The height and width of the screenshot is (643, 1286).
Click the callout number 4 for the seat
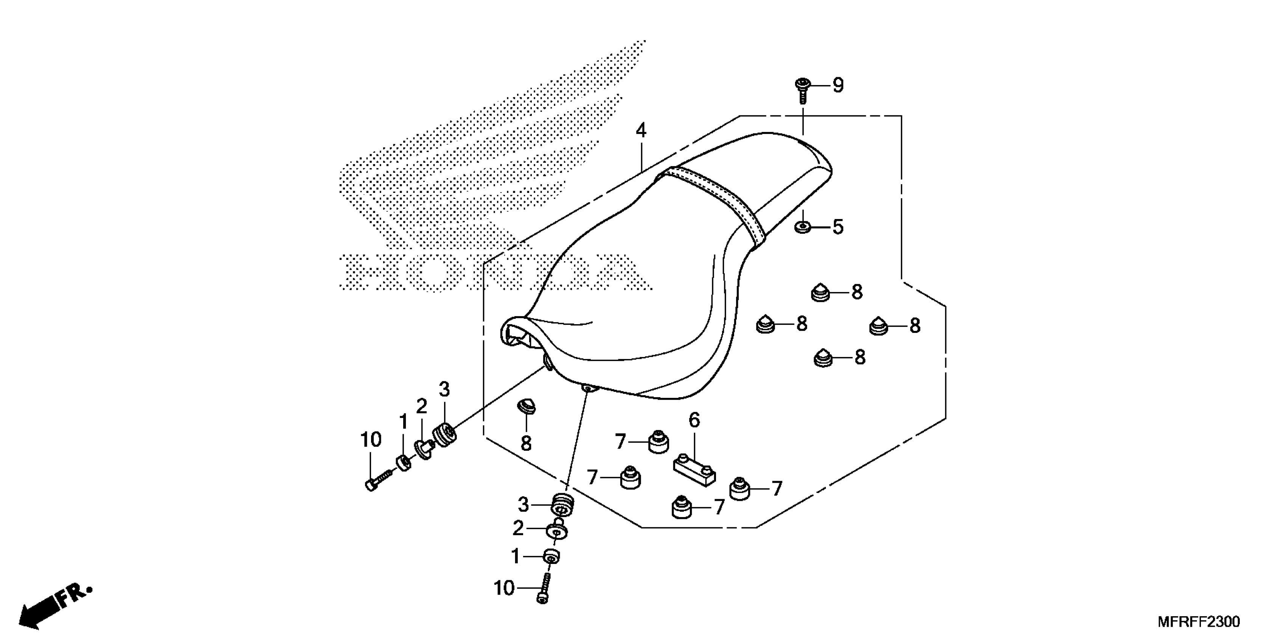[x=641, y=131]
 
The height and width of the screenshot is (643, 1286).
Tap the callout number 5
[x=838, y=227]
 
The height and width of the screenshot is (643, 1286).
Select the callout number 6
[x=694, y=420]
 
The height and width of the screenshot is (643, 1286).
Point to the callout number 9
[x=838, y=85]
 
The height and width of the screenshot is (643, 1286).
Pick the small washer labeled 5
[x=802, y=228]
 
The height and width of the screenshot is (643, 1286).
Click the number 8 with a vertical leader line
[x=526, y=443]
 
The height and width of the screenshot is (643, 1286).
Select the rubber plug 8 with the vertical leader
[x=525, y=406]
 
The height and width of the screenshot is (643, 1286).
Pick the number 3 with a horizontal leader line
[x=523, y=505]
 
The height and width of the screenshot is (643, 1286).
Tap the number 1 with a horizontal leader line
[x=516, y=556]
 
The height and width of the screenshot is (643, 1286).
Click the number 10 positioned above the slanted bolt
[x=371, y=440]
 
